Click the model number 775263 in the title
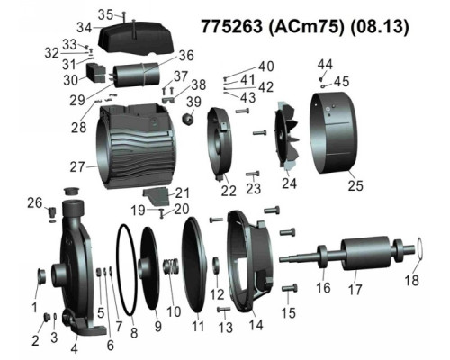point(231,26)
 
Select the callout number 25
point(355,185)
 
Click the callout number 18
point(411,281)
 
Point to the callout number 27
point(77,166)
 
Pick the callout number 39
point(193,102)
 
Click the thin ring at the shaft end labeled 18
point(420,248)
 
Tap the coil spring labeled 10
point(172,266)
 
